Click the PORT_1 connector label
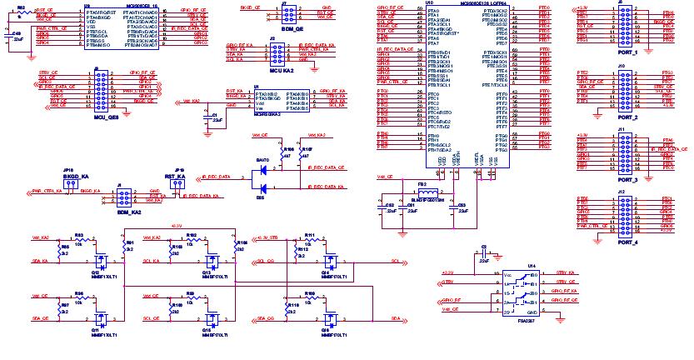[x=622, y=52]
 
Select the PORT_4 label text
[x=622, y=242]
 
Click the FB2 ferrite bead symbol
[x=422, y=190]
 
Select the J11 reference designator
[x=622, y=130]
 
